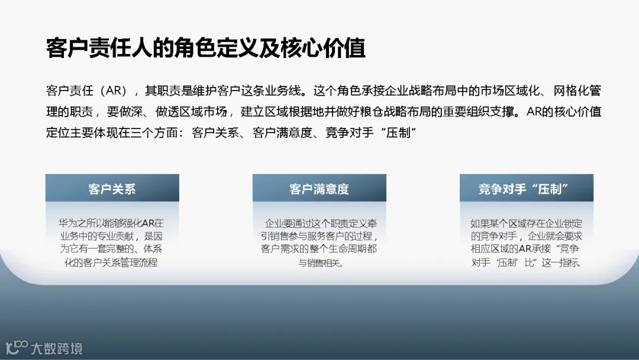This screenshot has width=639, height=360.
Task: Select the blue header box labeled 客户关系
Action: coord(112,189)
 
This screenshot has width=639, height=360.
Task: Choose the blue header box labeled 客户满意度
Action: coord(319,189)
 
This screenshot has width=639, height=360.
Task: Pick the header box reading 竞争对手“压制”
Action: coord(526,189)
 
